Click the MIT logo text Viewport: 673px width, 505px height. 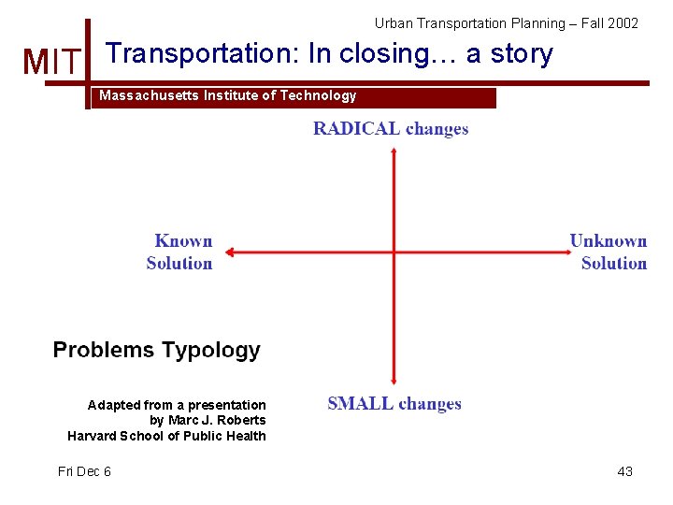[52, 63]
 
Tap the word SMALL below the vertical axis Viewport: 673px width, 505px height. [358, 404]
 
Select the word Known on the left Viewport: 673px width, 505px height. [183, 241]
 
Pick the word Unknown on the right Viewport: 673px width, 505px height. [609, 241]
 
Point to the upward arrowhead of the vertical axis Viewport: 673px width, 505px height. [394, 151]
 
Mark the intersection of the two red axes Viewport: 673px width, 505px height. [394, 252]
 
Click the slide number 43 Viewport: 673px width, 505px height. [624, 471]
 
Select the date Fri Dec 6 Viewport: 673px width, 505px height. [84, 471]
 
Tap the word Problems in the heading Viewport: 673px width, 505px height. [103, 351]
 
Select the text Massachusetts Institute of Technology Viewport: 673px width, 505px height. [227, 96]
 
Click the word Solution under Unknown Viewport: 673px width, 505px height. [613, 263]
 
